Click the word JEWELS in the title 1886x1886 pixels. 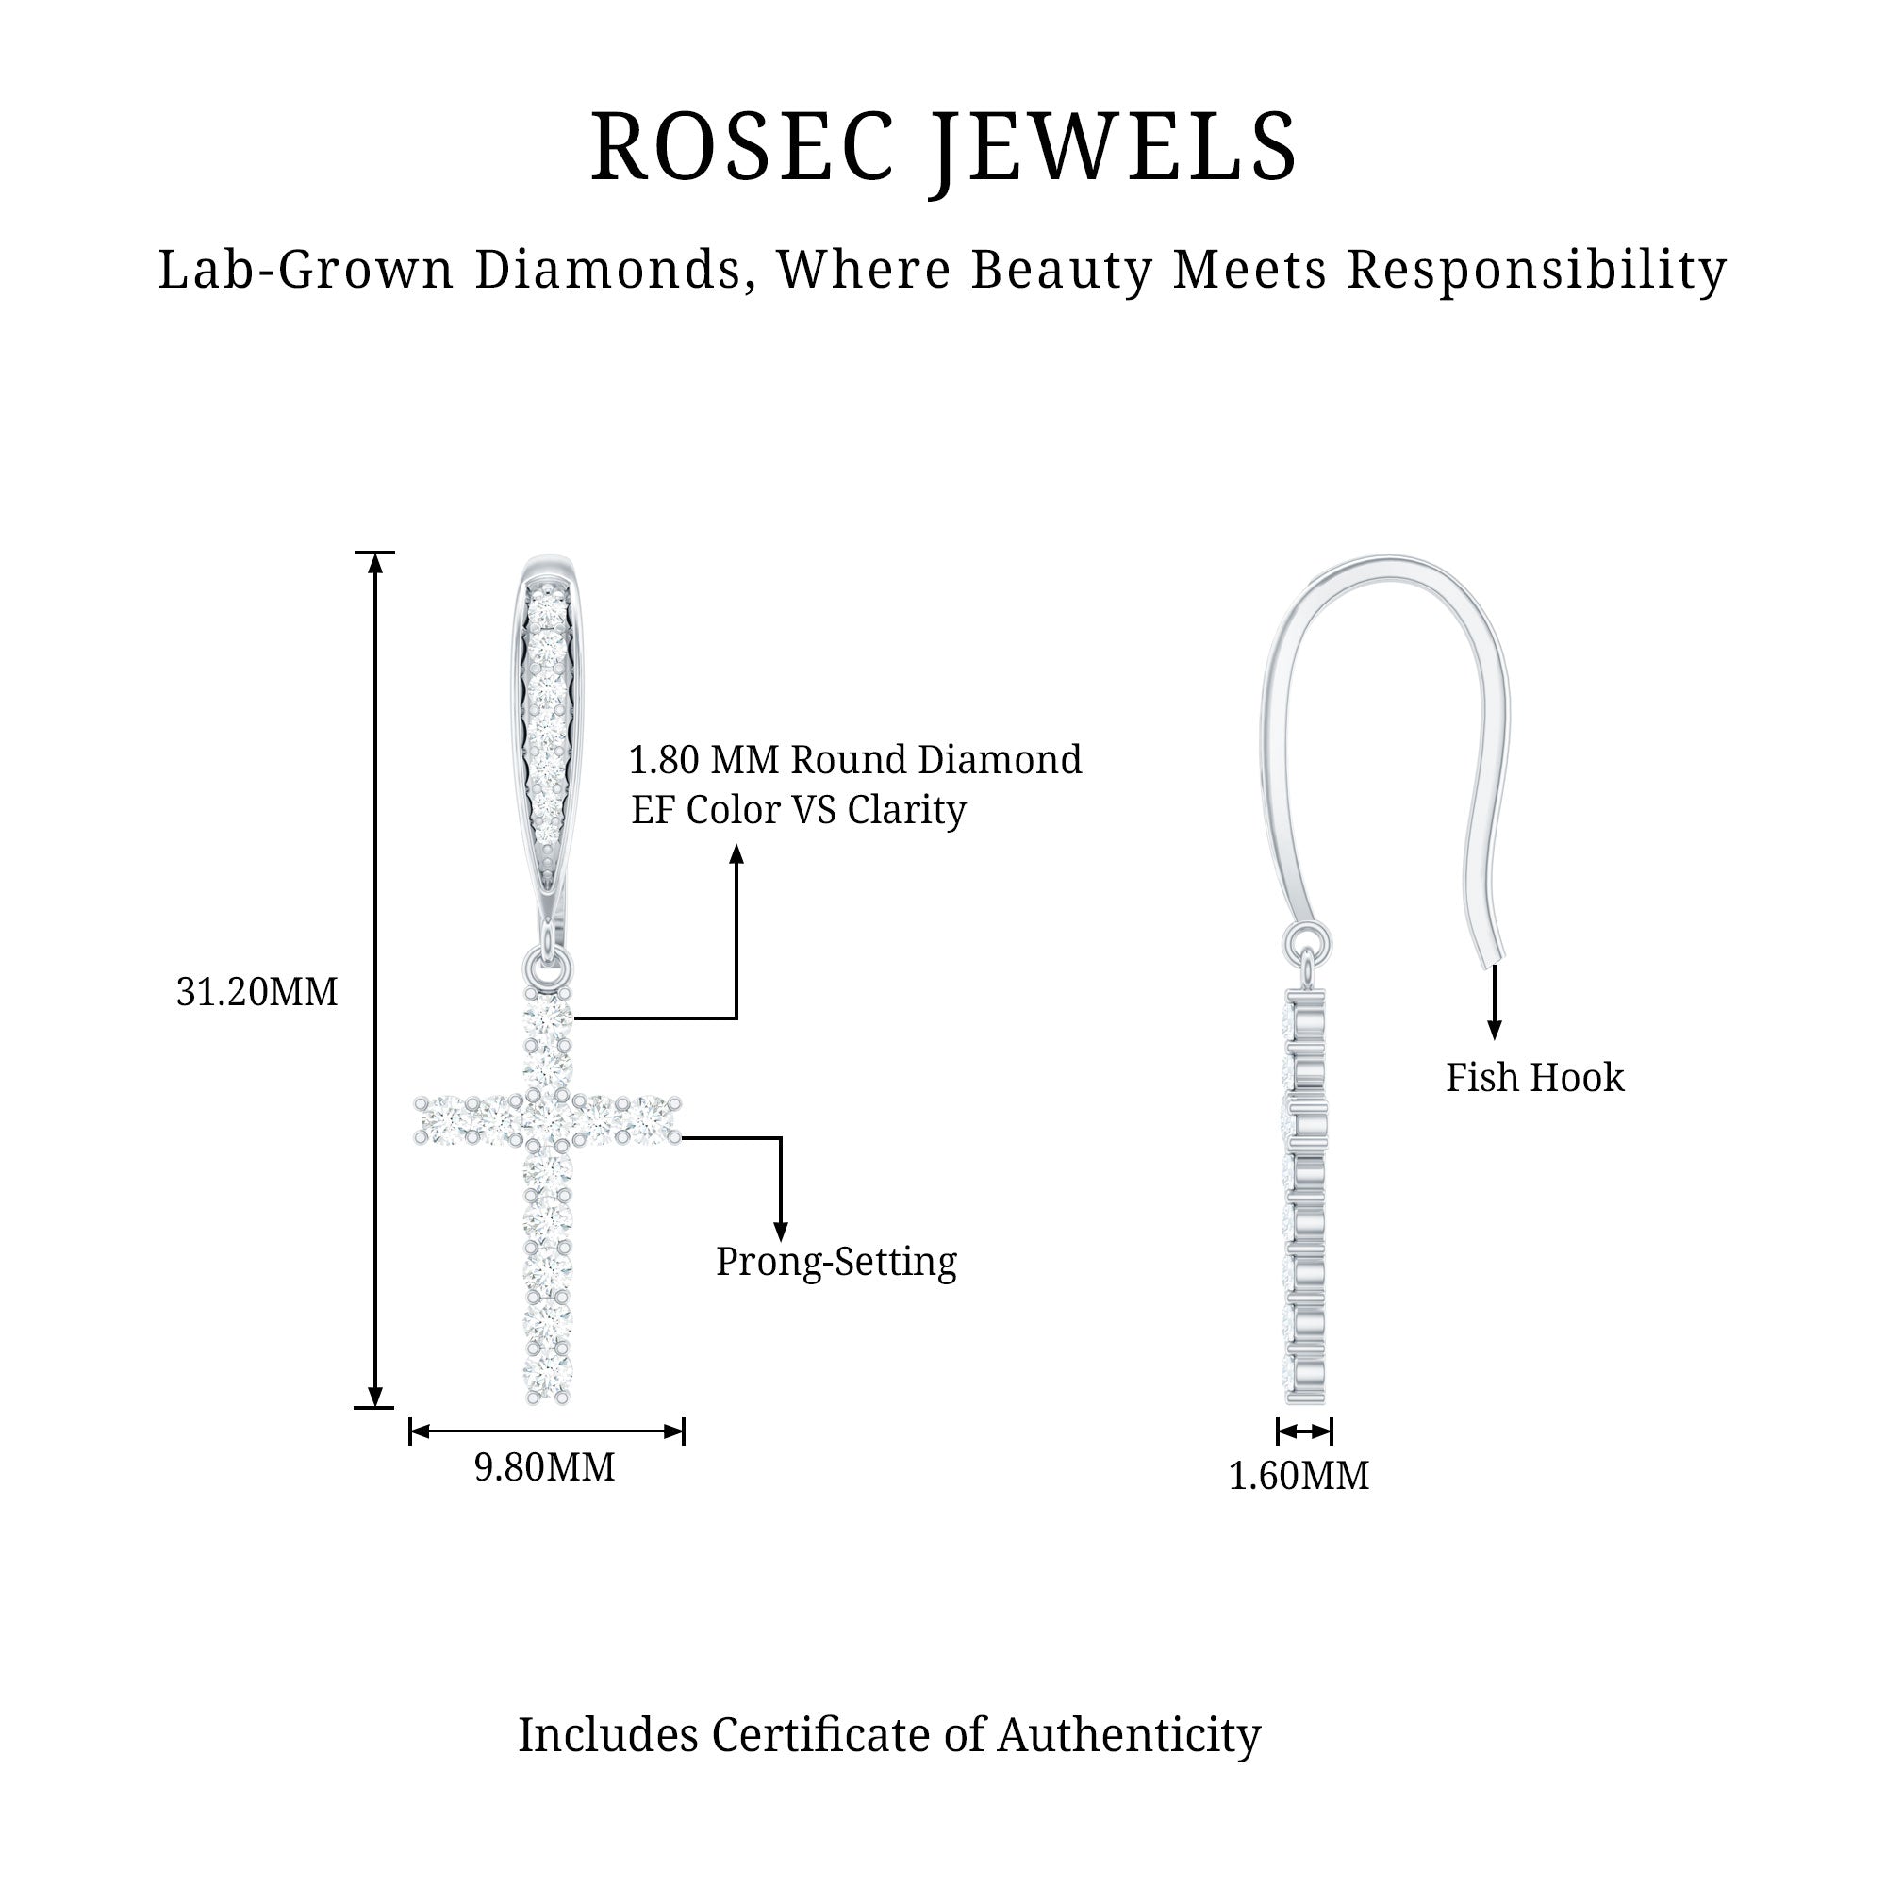(x=1113, y=147)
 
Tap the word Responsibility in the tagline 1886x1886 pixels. (x=1536, y=270)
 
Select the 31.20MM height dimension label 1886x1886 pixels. (x=256, y=992)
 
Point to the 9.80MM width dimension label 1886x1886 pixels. (x=545, y=1467)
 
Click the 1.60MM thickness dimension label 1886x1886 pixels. (x=1299, y=1475)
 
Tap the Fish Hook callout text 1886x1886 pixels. (x=1534, y=1078)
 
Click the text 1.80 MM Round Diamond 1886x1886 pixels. (x=855, y=759)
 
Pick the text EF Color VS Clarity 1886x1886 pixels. (x=799, y=810)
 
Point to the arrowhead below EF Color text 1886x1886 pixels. (x=737, y=855)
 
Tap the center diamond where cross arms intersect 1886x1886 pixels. (x=547, y=1118)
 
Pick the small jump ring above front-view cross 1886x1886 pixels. (x=547, y=968)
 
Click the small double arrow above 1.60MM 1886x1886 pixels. (x=1304, y=1432)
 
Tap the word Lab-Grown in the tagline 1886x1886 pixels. (x=306, y=270)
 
